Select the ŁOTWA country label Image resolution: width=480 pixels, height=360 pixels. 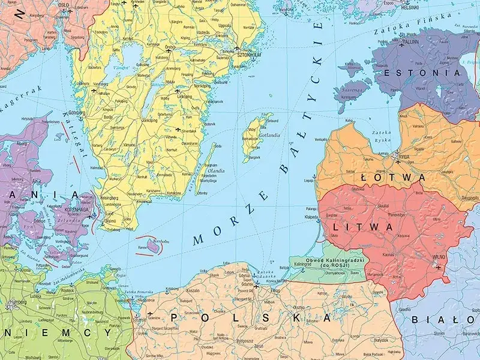point(393,178)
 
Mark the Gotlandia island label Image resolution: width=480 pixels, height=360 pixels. point(268,135)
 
